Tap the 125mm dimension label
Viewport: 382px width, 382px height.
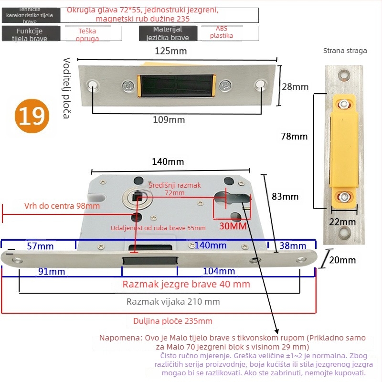pyautogui.click(x=170, y=51)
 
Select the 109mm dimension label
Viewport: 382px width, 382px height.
pyautogui.click(x=169, y=120)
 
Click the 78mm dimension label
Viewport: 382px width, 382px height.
pyautogui.click(x=294, y=136)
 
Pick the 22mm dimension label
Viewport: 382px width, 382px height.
pyautogui.click(x=343, y=222)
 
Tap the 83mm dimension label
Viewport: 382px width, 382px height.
pyautogui.click(x=285, y=196)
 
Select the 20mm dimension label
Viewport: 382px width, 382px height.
pyautogui.click(x=343, y=260)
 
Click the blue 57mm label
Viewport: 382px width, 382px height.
pyautogui.click(x=40, y=246)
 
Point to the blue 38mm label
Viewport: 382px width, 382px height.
pyautogui.click(x=292, y=246)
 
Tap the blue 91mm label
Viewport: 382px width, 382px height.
pyautogui.click(x=53, y=271)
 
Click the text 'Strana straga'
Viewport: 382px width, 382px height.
pyautogui.click(x=345, y=51)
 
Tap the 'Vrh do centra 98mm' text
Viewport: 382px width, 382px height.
pyautogui.click(x=62, y=206)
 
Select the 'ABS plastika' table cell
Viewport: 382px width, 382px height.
pyautogui.click(x=221, y=32)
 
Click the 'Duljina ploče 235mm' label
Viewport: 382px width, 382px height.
pyautogui.click(x=172, y=321)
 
